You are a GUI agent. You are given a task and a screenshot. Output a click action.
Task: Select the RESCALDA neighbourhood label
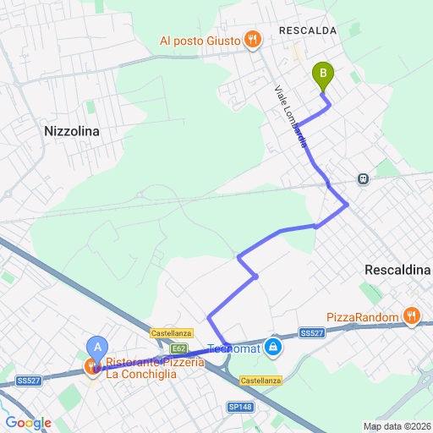tap(308, 30)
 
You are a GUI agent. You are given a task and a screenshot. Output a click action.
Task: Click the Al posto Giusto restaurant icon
tap(251, 39)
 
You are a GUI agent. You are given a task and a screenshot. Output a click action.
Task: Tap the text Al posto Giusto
tap(200, 40)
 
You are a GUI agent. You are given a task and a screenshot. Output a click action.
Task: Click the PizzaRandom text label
tap(362, 317)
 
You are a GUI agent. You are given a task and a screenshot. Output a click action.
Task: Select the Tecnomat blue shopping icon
tap(272, 347)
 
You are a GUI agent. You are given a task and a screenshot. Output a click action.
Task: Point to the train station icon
tap(363, 178)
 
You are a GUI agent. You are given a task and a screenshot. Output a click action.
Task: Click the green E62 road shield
tap(179, 348)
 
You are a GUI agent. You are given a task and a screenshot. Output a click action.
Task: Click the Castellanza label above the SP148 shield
tap(259, 381)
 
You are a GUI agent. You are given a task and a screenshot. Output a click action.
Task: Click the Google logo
tap(28, 422)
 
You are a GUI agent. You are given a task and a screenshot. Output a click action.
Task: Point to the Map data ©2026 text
tap(396, 425)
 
